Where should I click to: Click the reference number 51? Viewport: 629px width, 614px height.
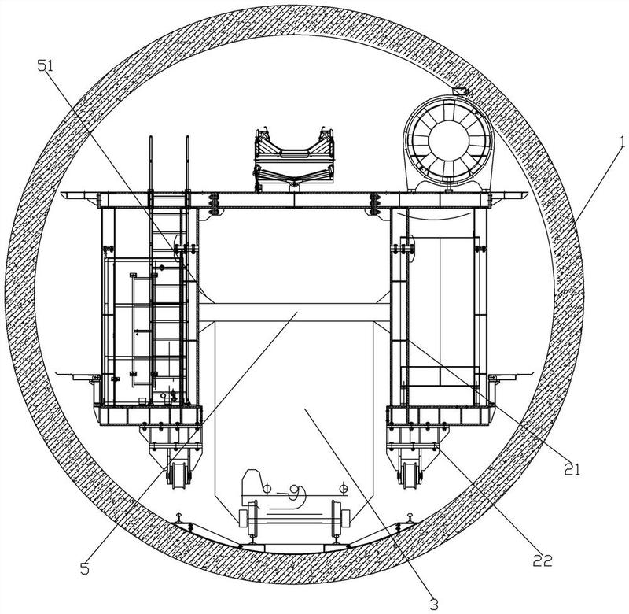pos(45,66)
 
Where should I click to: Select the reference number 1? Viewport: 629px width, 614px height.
pos(622,142)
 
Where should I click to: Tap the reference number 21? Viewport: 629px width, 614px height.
pos(572,469)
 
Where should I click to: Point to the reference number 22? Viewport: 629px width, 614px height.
pos(543,560)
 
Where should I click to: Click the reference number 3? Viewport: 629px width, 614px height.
pos(434,604)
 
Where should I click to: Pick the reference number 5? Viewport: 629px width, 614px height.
pos(85,568)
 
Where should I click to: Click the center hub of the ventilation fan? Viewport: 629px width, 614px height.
pos(448,140)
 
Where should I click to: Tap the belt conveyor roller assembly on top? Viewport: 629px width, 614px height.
pos(294,160)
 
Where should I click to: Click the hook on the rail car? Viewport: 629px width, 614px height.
pos(297,494)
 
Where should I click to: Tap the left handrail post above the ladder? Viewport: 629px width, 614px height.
pos(151,164)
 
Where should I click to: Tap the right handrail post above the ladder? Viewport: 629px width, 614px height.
pos(187,164)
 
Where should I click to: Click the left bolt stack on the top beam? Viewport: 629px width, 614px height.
pos(215,204)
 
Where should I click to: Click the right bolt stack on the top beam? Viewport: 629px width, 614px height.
pos(375,204)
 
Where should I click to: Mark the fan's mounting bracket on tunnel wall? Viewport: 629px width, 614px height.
pos(462,91)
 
